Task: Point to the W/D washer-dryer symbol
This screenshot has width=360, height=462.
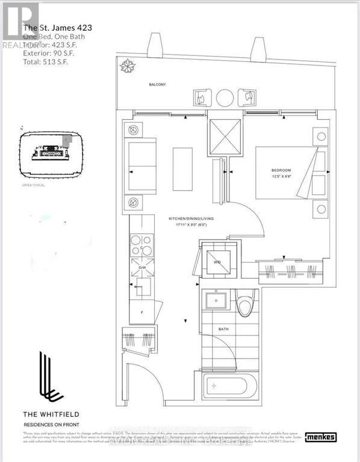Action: (217, 262)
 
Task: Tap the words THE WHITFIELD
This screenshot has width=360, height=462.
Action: (51, 414)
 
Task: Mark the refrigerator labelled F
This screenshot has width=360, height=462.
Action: (141, 312)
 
